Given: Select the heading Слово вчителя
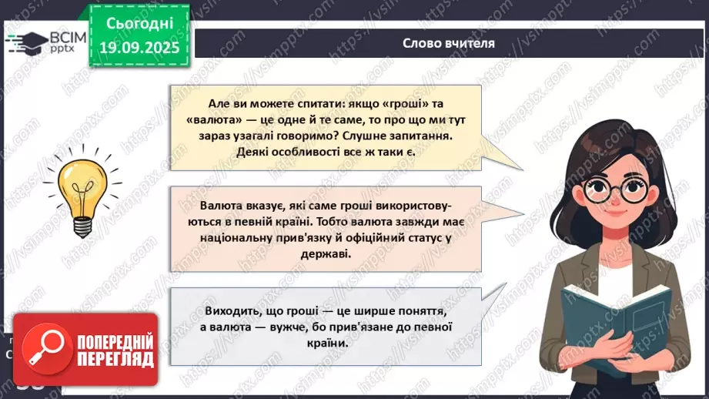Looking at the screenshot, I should (448, 43).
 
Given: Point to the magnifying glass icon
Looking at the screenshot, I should (40, 348).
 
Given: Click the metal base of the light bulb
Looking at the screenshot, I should (82, 224).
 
